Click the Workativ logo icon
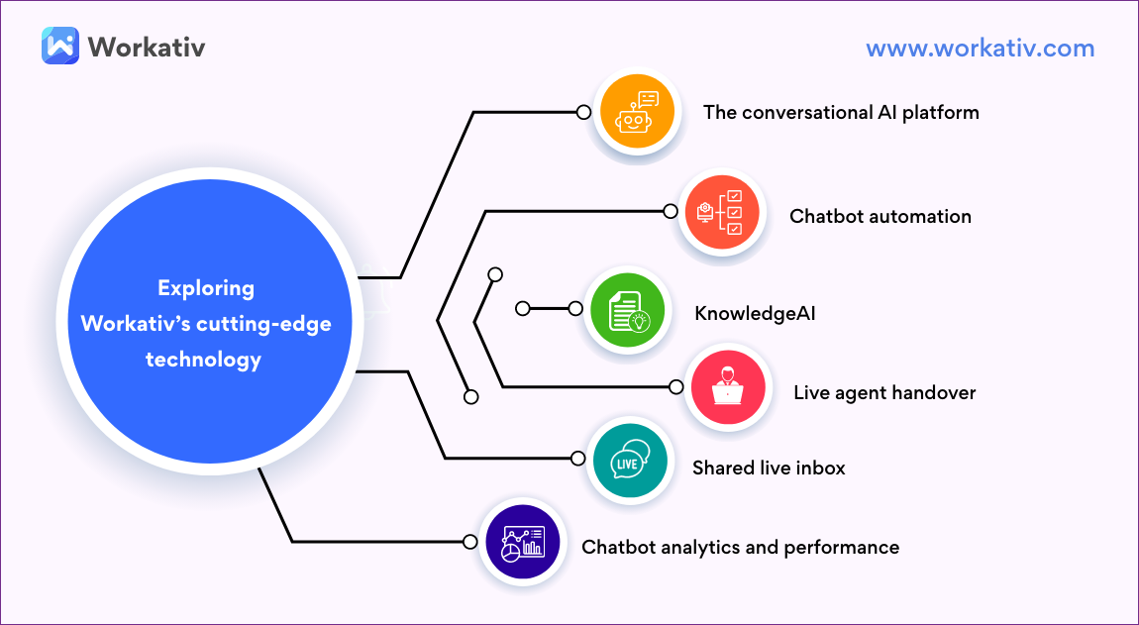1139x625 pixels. pyautogui.click(x=60, y=46)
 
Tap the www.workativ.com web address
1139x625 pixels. pyautogui.click(x=980, y=48)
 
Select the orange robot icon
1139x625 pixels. pyautogui.click(x=636, y=112)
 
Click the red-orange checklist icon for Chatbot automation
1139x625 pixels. pyautogui.click(x=722, y=214)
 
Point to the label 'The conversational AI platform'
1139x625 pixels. pyautogui.click(x=841, y=112)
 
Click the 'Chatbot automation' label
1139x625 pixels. pyautogui.click(x=880, y=216)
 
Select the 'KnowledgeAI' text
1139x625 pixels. pyautogui.click(x=755, y=314)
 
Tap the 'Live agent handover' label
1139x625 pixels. pyautogui.click(x=884, y=392)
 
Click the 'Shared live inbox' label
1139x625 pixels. pyautogui.click(x=769, y=468)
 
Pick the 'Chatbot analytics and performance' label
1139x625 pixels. pyautogui.click(x=740, y=547)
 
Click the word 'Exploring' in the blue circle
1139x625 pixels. pyautogui.click(x=206, y=288)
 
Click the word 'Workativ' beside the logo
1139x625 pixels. pyautogui.click(x=146, y=47)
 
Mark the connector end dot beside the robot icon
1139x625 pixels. pyautogui.click(x=584, y=112)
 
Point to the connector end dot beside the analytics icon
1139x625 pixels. pyautogui.click(x=470, y=542)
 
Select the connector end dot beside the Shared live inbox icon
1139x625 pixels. pyautogui.click(x=579, y=459)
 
